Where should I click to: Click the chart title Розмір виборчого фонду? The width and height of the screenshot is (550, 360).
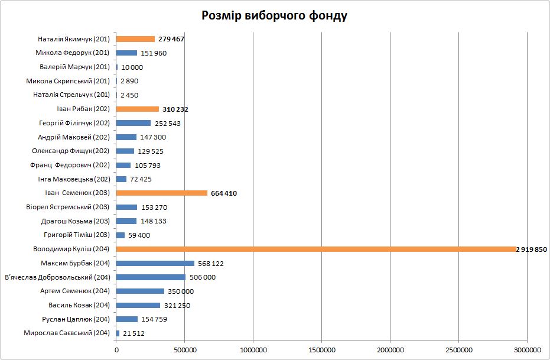274,16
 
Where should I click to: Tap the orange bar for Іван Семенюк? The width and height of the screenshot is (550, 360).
162,193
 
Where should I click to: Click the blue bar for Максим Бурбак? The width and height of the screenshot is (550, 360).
155,264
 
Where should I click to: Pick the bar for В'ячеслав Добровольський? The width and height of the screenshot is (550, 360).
151,277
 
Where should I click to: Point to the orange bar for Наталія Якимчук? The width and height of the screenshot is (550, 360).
135,39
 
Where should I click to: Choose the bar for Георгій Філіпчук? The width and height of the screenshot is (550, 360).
134,123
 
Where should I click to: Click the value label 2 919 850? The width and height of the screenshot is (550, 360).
531,249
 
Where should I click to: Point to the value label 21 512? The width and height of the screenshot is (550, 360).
133,333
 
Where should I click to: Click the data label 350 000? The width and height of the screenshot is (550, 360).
181,291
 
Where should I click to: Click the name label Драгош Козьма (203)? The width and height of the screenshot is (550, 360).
76,221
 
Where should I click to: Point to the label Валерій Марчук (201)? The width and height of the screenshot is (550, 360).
75,67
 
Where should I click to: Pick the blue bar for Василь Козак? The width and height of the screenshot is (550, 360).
138,306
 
